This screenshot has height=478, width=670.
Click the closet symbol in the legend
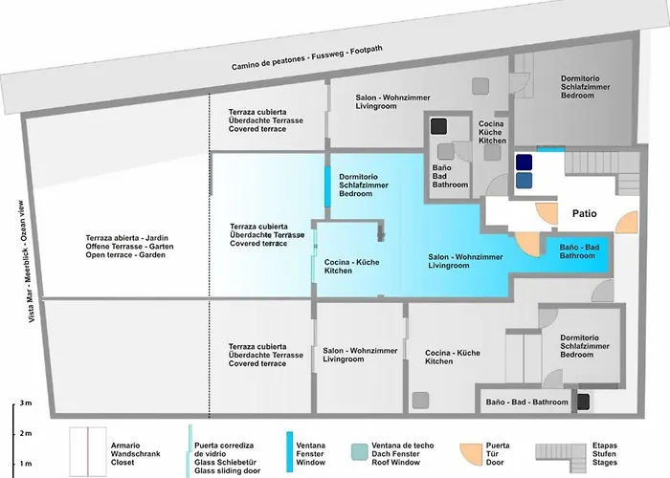[88, 449]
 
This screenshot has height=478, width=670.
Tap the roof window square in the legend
[359, 449]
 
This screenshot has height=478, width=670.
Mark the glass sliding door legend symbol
[189, 449]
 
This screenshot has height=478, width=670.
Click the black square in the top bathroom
[439, 126]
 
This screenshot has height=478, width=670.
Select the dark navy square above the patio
[525, 162]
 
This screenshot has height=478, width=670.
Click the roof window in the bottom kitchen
[419, 397]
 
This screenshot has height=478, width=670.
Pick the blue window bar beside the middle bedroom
[328, 186]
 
